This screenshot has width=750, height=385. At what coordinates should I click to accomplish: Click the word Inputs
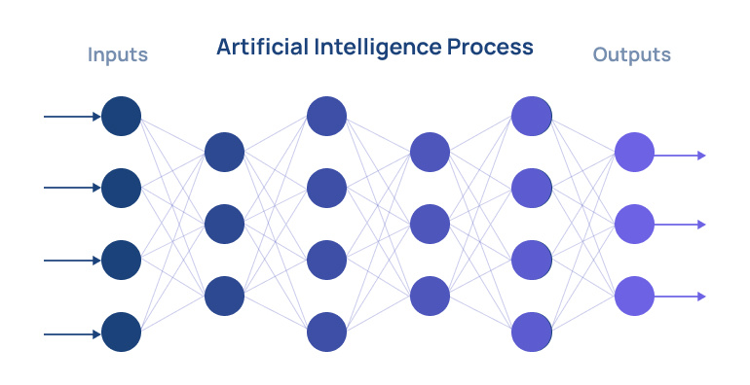point(117,54)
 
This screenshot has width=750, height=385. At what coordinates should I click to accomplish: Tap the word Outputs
point(631,54)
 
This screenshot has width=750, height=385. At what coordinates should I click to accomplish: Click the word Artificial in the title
point(257,46)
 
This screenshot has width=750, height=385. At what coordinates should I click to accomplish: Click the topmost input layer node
point(122,117)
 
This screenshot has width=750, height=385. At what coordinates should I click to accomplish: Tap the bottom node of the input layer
point(122,332)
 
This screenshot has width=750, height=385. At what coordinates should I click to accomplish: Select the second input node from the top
point(122,188)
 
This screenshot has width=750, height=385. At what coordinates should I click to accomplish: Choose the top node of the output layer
point(634,153)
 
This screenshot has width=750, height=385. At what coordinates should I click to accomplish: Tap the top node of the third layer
point(326,117)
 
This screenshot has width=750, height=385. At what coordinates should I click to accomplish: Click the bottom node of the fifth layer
point(532,332)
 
